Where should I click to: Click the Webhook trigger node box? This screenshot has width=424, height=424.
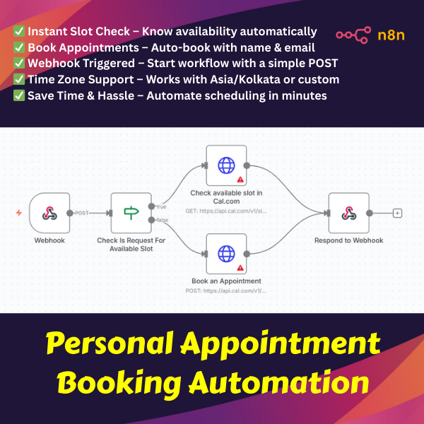tap(49, 213)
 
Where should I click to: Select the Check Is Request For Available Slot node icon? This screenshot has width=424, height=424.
tap(131, 213)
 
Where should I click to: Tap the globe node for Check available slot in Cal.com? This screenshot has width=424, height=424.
tap(226, 165)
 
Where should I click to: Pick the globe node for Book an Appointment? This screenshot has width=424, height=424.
tap(226, 253)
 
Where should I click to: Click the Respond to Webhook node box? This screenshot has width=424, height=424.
tap(348, 213)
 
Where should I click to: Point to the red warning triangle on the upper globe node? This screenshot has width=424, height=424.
tap(240, 179)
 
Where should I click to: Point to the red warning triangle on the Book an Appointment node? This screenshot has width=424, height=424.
tap(240, 267)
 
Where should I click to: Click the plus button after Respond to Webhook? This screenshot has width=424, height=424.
tap(397, 213)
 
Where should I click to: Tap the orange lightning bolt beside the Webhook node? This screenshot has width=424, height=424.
tap(19, 213)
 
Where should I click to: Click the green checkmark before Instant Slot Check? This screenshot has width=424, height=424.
tap(19, 31)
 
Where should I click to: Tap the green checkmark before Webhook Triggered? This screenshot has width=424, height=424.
tap(19, 64)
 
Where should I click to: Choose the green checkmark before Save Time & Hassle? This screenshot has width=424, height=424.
tap(19, 95)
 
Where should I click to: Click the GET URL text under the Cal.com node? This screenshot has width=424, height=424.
tap(226, 211)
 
